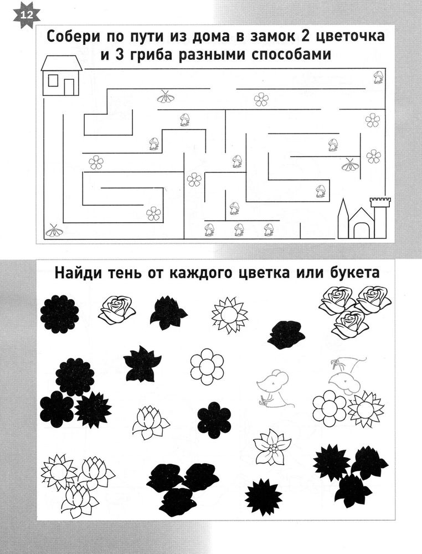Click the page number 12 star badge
pos(27,16)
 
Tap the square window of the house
pos(53,80)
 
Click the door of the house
pos(69,88)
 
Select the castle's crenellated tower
pos(379,217)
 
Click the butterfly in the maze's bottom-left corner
pos(54,230)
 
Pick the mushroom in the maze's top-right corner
pos(378,78)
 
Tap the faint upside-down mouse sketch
pos(347,376)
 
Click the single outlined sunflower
pos(229,315)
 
